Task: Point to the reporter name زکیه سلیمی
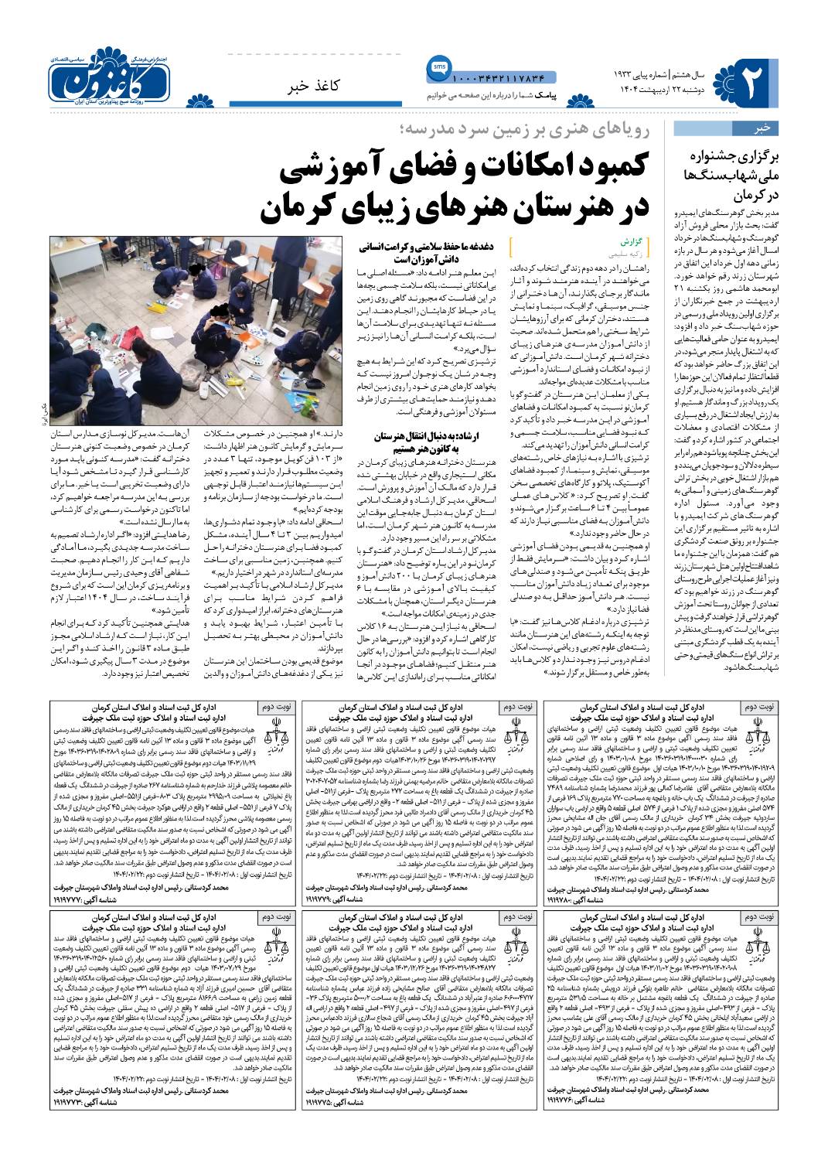[x=632, y=252]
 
